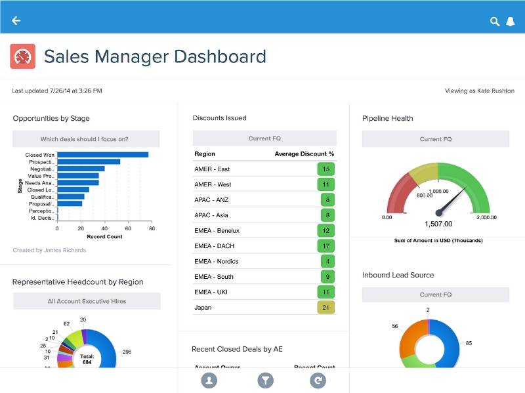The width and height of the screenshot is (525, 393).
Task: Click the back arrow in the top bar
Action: pos(16,20)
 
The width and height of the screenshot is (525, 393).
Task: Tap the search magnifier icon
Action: pos(495,22)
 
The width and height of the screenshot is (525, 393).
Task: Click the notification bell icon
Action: pos(511,22)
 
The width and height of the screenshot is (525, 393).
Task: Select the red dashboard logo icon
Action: pos(22,56)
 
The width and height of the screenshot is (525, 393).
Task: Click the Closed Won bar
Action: pos(102,155)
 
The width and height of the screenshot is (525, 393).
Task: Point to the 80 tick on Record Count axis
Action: pos(152,230)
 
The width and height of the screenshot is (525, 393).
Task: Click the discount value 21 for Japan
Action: pos(326,307)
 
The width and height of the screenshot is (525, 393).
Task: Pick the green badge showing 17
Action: pos(326,246)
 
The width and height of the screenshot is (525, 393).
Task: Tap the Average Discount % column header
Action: pos(304,154)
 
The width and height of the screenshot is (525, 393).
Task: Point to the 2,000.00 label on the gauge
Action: pos(486,217)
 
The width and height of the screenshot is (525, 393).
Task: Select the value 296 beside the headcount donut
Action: pos(127,352)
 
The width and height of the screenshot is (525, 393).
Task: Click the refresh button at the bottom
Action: pos(319,380)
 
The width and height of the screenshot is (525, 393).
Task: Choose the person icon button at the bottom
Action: pos(209,380)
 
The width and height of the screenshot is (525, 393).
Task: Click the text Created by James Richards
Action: pos(49,250)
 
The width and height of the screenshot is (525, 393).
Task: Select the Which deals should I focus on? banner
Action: pos(85,139)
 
